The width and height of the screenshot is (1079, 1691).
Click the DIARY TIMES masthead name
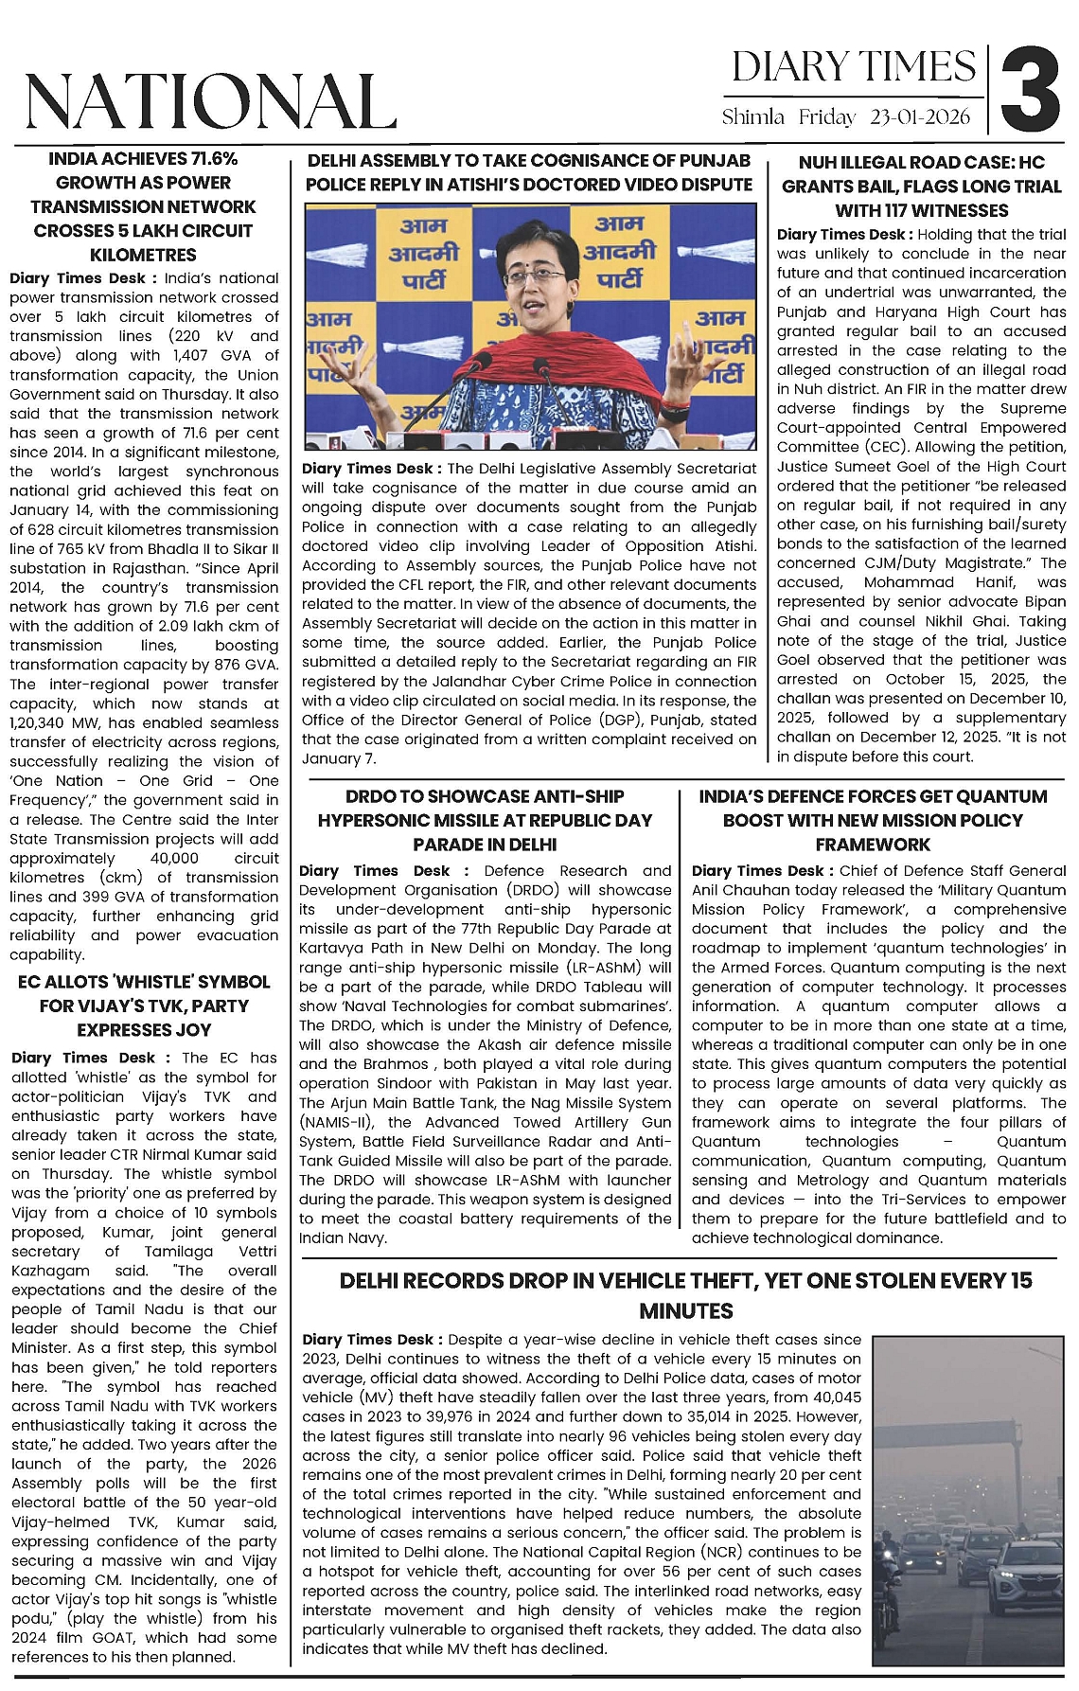point(853,67)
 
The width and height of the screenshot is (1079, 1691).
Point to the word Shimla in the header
point(753,117)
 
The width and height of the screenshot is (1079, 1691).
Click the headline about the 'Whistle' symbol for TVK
point(144,1006)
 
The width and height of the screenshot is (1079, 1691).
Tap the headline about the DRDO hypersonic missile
point(486,820)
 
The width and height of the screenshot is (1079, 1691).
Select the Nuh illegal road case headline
point(921,187)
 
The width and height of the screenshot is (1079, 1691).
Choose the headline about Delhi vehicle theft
point(685,1295)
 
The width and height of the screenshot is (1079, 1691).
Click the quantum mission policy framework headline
point(873,820)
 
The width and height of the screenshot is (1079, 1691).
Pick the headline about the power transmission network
point(143,206)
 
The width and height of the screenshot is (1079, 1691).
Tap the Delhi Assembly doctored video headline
point(529,172)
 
